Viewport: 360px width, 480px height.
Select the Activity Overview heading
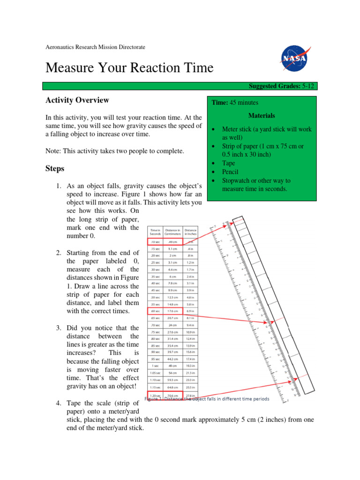pyautogui.click(x=77, y=100)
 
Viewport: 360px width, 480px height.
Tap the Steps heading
pyautogui.click(x=55, y=168)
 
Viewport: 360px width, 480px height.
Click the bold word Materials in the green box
pyautogui.click(x=262, y=115)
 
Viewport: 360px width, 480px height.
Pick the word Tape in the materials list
pyautogui.click(x=229, y=163)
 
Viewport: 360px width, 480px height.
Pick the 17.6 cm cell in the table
pyautogui.click(x=172, y=311)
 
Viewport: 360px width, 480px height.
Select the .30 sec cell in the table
pyautogui.click(x=155, y=270)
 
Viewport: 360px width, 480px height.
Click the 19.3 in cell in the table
pyautogui.click(x=190, y=366)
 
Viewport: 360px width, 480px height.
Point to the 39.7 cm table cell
pyautogui.click(x=172, y=352)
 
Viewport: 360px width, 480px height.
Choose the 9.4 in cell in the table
pyautogui.click(x=190, y=325)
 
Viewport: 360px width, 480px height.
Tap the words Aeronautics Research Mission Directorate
pyautogui.click(x=95, y=47)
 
